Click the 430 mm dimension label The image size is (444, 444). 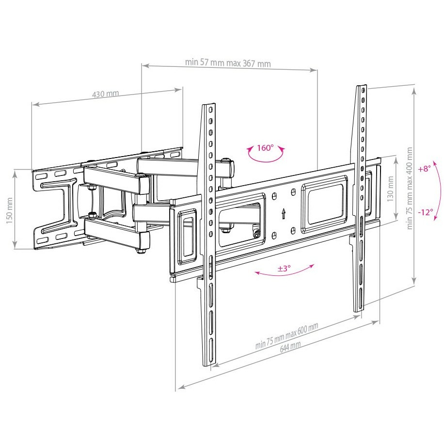point(106,94)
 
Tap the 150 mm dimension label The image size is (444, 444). point(10,210)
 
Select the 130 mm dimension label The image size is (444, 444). point(391,189)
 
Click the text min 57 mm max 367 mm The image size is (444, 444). point(228,63)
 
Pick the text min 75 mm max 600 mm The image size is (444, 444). point(286,335)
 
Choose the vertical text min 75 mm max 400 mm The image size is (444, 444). point(409,188)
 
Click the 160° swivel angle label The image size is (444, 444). point(265,148)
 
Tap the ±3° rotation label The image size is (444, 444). point(284,268)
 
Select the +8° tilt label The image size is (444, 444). point(424,169)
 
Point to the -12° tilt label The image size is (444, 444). point(425,212)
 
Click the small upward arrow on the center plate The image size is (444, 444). point(284,213)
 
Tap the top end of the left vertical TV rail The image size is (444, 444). point(208,105)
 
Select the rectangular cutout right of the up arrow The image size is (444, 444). point(324,203)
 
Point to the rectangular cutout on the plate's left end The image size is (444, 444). point(187,237)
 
